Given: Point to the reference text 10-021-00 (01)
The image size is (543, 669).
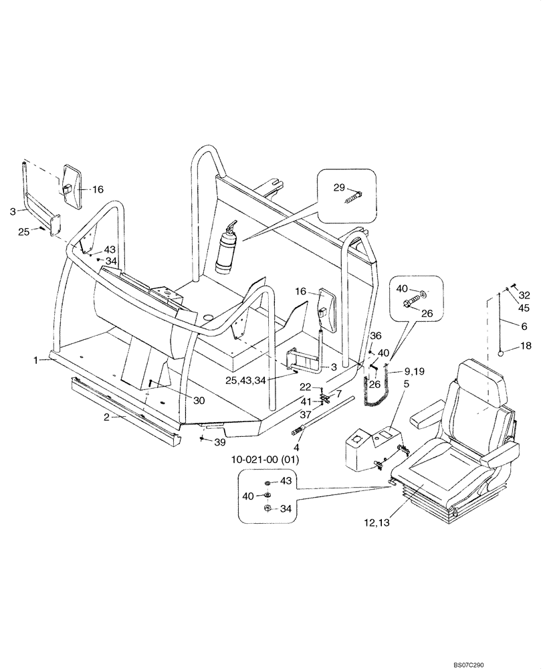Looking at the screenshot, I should tap(266, 460).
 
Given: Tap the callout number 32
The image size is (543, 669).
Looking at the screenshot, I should tap(524, 294).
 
